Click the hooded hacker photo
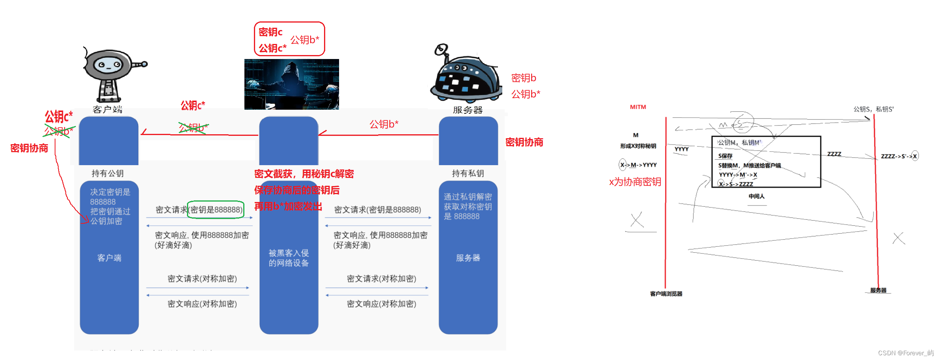292,84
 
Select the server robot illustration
466,75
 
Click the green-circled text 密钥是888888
216,210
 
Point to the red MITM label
638,107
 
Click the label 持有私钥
468,173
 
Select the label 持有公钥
108,173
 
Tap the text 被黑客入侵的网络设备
289,258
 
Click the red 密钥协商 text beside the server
524,142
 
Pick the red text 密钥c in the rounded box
271,32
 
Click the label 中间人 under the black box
756,196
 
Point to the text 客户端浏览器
666,294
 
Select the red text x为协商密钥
635,182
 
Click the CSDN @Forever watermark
906,353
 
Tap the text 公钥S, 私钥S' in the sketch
873,109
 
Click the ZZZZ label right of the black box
834,154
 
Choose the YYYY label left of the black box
681,149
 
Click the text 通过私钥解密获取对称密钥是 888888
468,206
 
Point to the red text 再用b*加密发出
288,206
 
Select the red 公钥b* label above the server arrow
384,124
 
